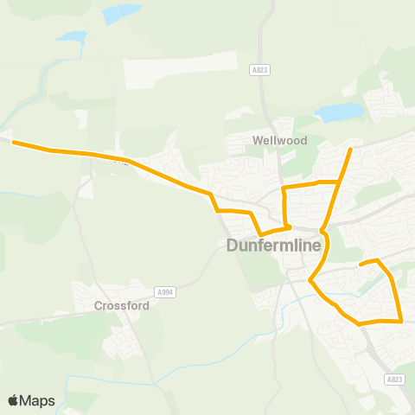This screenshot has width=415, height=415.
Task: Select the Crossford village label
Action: point(122,305)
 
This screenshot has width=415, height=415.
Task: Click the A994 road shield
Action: point(164,292)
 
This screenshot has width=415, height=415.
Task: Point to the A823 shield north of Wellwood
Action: point(259,69)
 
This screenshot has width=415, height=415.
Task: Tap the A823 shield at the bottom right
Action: point(395,379)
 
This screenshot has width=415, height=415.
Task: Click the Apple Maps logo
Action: point(31,400)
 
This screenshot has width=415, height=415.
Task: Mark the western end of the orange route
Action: point(13,143)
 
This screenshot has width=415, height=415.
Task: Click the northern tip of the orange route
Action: point(350,150)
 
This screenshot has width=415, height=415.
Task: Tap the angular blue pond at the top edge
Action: point(121,14)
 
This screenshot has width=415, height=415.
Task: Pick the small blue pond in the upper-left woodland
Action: point(72,38)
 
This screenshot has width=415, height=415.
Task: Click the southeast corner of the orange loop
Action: point(402,321)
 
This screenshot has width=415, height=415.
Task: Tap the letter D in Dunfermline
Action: point(233,246)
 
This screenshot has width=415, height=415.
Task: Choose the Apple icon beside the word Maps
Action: point(14,400)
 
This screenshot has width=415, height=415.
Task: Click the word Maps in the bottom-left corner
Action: point(38,400)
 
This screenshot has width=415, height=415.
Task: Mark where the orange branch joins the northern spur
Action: point(338,182)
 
